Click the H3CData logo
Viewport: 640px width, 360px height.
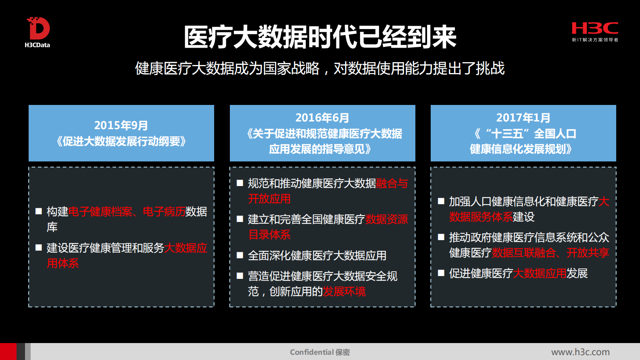tap(38, 32)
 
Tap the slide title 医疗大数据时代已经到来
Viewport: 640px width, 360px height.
tap(320, 37)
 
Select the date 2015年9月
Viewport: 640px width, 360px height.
tap(121, 126)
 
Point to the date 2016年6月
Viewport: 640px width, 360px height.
tap(322, 118)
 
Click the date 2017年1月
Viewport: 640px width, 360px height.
tap(523, 118)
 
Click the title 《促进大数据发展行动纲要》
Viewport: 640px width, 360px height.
tap(121, 142)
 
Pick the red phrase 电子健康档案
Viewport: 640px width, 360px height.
tap(100, 211)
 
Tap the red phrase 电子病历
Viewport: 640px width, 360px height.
tap(164, 211)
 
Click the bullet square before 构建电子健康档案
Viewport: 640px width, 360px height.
tap(39, 211)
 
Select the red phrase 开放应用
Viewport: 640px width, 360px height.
tap(269, 199)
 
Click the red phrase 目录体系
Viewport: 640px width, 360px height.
tap(269, 235)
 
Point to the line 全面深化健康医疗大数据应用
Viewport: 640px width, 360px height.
tap(317, 255)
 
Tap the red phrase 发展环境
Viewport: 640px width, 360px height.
tap(344, 291)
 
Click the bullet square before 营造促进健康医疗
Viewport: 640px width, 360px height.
tap(240, 276)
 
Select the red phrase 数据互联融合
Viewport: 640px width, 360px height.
tap(524, 253)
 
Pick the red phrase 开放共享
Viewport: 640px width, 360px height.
tap(588, 253)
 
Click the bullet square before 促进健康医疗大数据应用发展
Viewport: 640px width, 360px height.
tap(441, 273)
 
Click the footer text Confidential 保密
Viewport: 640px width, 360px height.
tap(320, 352)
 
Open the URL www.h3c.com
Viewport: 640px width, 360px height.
tap(580, 352)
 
